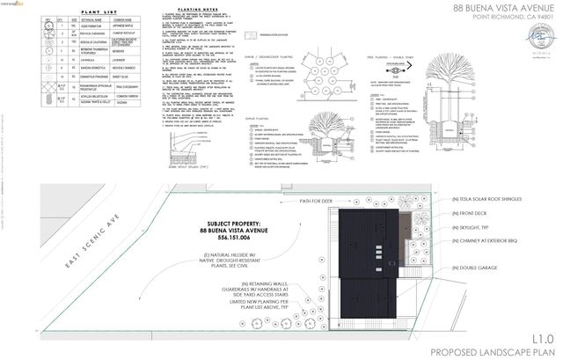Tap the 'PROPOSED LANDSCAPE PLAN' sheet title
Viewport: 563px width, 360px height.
[x=495, y=350]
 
